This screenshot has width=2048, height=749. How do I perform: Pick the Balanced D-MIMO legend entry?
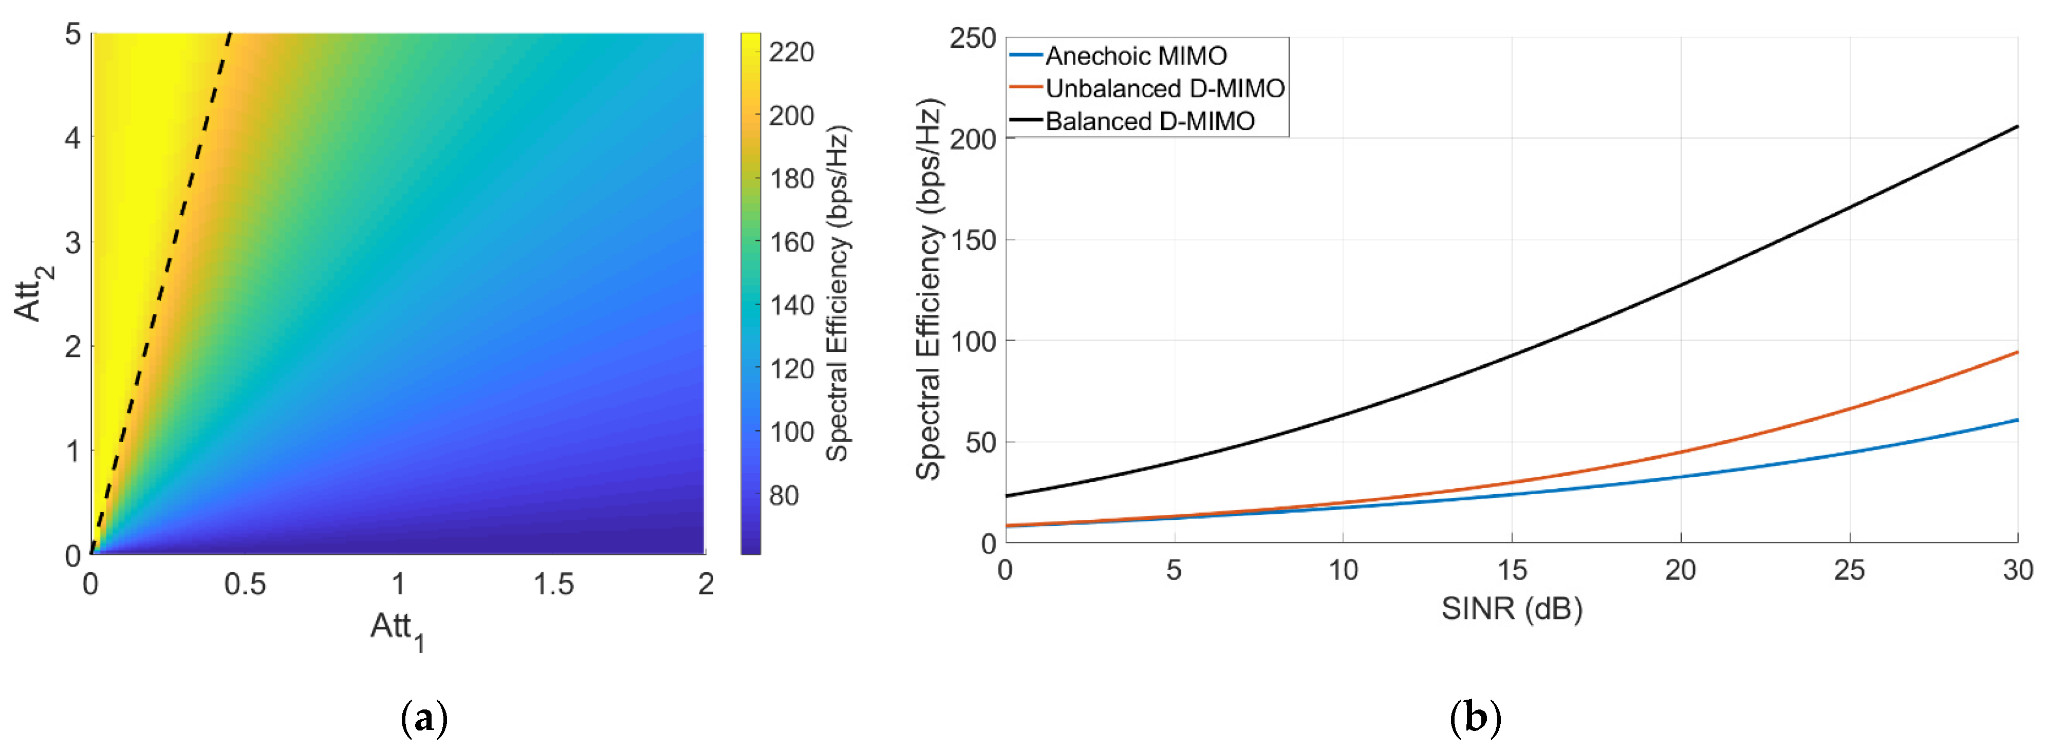click(x=1149, y=122)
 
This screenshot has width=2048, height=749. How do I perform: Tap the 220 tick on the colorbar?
click(x=791, y=52)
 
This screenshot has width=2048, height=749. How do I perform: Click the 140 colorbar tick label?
click(x=791, y=305)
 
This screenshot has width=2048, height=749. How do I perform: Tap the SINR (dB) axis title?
click(x=1512, y=609)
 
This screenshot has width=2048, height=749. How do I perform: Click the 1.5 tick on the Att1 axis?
click(x=552, y=585)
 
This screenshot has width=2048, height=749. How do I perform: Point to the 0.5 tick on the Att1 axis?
click(x=245, y=585)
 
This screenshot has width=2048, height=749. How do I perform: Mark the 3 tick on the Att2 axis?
click(x=73, y=242)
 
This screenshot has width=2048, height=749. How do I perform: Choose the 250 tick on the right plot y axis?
click(x=972, y=38)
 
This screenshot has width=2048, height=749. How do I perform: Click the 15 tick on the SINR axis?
click(x=1512, y=570)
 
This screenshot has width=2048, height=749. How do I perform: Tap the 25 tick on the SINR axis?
click(x=1849, y=570)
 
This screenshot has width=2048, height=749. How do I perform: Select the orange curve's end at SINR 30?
click(x=2016, y=352)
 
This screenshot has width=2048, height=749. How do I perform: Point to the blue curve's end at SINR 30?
click(x=2016, y=420)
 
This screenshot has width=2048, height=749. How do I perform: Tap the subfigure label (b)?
click(x=1476, y=718)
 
